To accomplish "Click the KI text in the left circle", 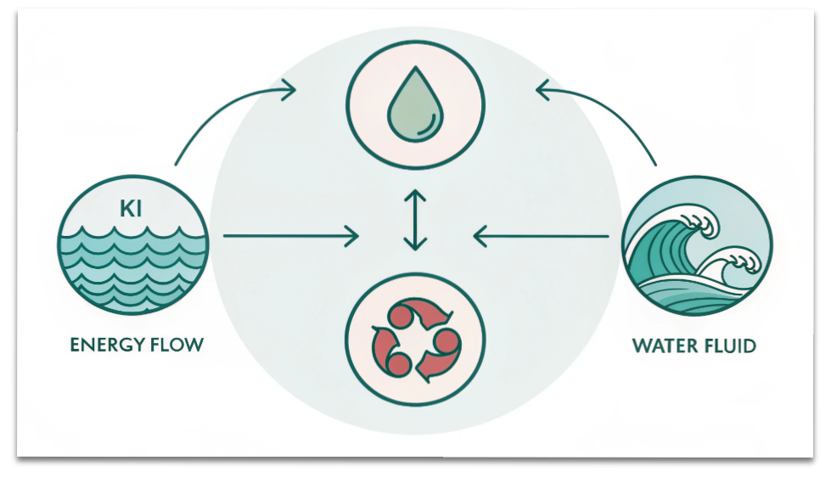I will [131, 208].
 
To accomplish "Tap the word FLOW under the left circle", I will [174, 345].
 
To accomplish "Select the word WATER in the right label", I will [661, 346].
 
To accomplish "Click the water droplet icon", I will [414, 106].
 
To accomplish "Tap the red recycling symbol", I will [415, 340].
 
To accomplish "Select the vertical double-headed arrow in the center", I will [415, 221].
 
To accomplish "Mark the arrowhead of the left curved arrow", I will [289, 89].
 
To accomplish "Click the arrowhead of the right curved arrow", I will [543, 88].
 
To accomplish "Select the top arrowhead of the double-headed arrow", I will [415, 197].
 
